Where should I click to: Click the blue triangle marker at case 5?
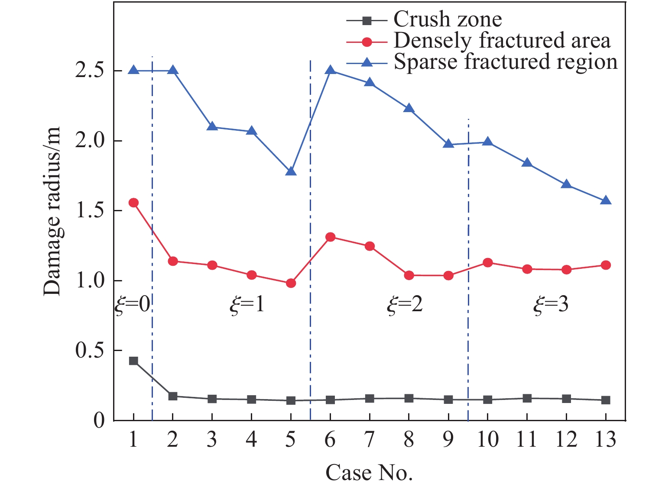pyautogui.click(x=291, y=171)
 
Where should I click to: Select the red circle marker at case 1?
pyautogui.click(x=133, y=203)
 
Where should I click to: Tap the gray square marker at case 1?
pyautogui.click(x=133, y=361)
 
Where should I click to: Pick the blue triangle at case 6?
pyautogui.click(x=330, y=70)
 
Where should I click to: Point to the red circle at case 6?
pyautogui.click(x=330, y=237)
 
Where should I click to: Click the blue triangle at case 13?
pyautogui.click(x=606, y=201)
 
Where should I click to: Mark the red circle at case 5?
pyautogui.click(x=291, y=283)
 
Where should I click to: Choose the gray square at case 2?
pyautogui.click(x=173, y=396)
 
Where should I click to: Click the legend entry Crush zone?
pyautogui.click(x=448, y=19)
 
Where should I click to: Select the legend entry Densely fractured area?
pyautogui.click(x=502, y=41)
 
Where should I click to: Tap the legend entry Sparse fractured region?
pyautogui.click(x=505, y=62)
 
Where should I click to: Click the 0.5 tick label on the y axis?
pyautogui.click(x=90, y=351)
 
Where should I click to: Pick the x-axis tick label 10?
pyautogui.click(x=488, y=440)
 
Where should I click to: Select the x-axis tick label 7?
pyautogui.click(x=370, y=440)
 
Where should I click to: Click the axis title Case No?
pyautogui.click(x=369, y=473)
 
